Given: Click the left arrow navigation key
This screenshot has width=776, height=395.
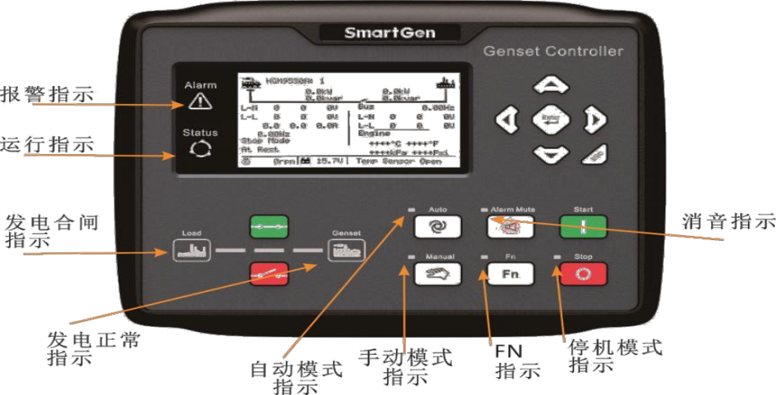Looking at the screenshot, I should coord(508,120).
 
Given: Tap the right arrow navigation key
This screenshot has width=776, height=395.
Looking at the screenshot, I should coord(592,120).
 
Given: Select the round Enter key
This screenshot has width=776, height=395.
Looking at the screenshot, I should coord(550,120).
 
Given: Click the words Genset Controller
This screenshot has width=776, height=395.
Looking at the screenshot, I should coord(553,52).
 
